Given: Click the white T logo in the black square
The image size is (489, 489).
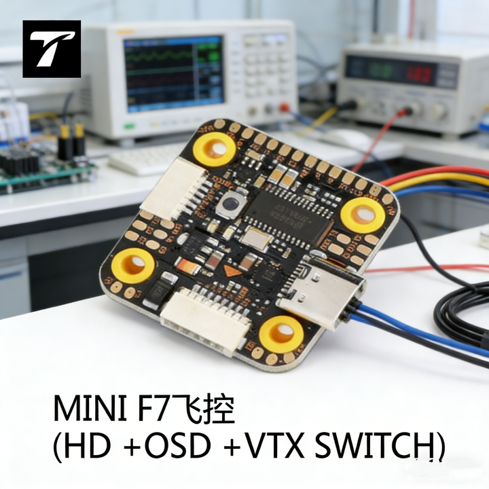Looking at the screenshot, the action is (52, 49).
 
